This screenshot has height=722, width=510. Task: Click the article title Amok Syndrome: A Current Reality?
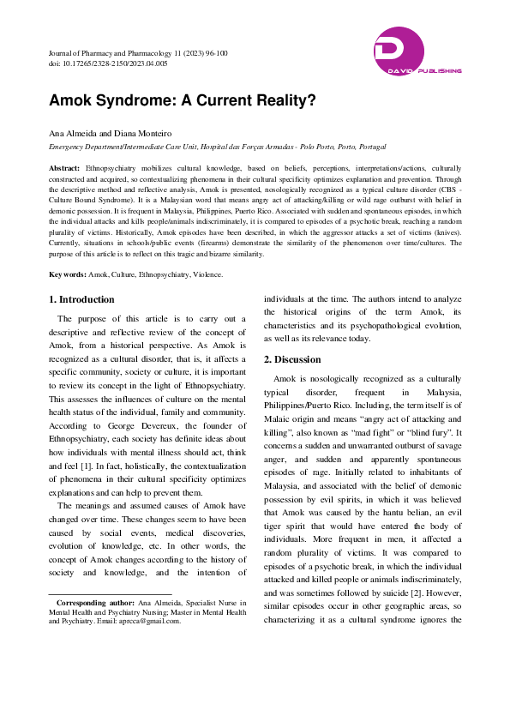pyautogui.click(x=182, y=99)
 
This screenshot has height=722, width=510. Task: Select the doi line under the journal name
pyautogui.click(x=108, y=63)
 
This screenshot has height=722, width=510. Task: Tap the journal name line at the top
pyautogui.click(x=138, y=53)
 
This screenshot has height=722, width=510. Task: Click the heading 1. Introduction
pyautogui.click(x=81, y=299)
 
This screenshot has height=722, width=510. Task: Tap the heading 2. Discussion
pyautogui.click(x=292, y=359)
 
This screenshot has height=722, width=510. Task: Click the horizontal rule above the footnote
pyautogui.click(x=110, y=594)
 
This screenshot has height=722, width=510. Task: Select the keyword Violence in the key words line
pyautogui.click(x=207, y=274)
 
